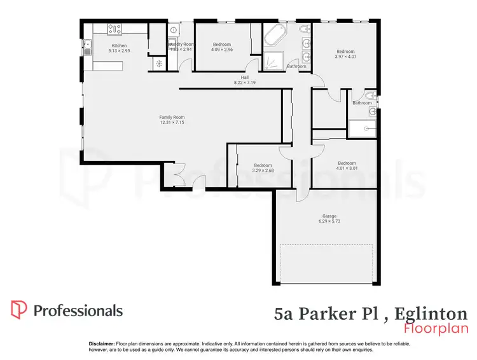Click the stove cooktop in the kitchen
114,29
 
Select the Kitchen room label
120,46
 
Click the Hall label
239,77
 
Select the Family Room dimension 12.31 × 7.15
172,121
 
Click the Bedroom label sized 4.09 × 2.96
222,44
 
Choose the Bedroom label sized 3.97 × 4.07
345,52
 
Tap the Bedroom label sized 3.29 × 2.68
263,165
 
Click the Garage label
329,216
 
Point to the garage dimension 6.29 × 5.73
329,222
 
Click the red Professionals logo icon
18,310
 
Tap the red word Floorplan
436,329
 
